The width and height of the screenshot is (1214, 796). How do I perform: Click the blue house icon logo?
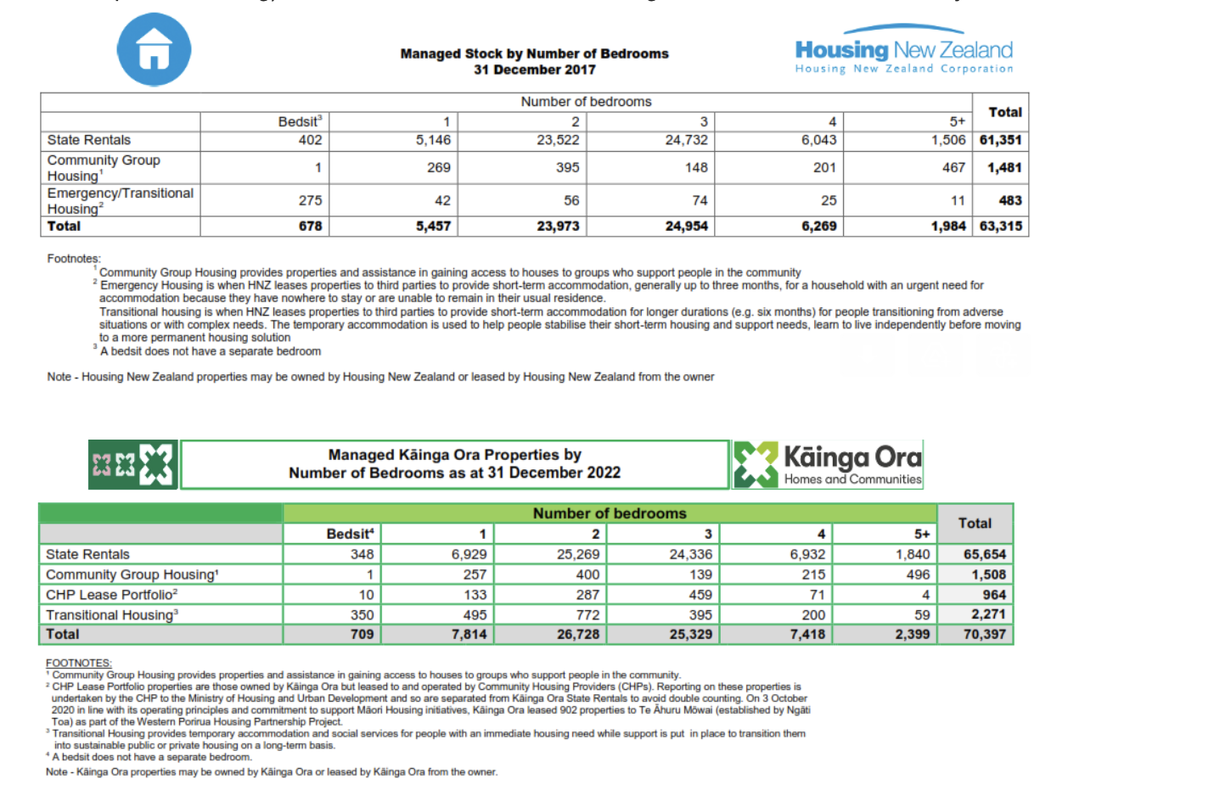[154, 49]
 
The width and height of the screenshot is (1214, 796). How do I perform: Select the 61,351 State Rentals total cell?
[1000, 140]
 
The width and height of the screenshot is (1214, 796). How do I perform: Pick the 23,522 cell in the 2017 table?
[558, 140]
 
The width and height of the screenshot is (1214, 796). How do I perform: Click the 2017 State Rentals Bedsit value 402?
[310, 140]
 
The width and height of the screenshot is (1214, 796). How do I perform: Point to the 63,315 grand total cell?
[1000, 227]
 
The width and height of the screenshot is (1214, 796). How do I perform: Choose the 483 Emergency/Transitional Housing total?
[1009, 201]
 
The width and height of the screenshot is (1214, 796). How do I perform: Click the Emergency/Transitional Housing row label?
[120, 201]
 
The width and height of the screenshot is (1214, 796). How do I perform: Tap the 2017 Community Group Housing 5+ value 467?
[953, 168]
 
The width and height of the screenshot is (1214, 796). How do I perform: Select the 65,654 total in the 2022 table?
[984, 554]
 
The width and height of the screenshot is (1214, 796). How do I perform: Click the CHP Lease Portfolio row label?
[111, 595]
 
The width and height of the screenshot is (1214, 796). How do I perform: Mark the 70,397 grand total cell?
[984, 634]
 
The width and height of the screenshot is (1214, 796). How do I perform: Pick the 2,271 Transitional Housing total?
[988, 614]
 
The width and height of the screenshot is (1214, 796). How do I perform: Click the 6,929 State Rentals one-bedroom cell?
[469, 554]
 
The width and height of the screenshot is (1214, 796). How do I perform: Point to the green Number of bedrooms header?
[609, 513]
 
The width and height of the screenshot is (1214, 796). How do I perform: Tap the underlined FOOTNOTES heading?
[78, 663]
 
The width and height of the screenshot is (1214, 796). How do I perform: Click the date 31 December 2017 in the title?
[534, 70]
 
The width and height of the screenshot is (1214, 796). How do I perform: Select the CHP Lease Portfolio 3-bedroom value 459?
[700, 595]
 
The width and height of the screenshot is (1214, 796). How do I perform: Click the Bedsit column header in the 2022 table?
[349, 534]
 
